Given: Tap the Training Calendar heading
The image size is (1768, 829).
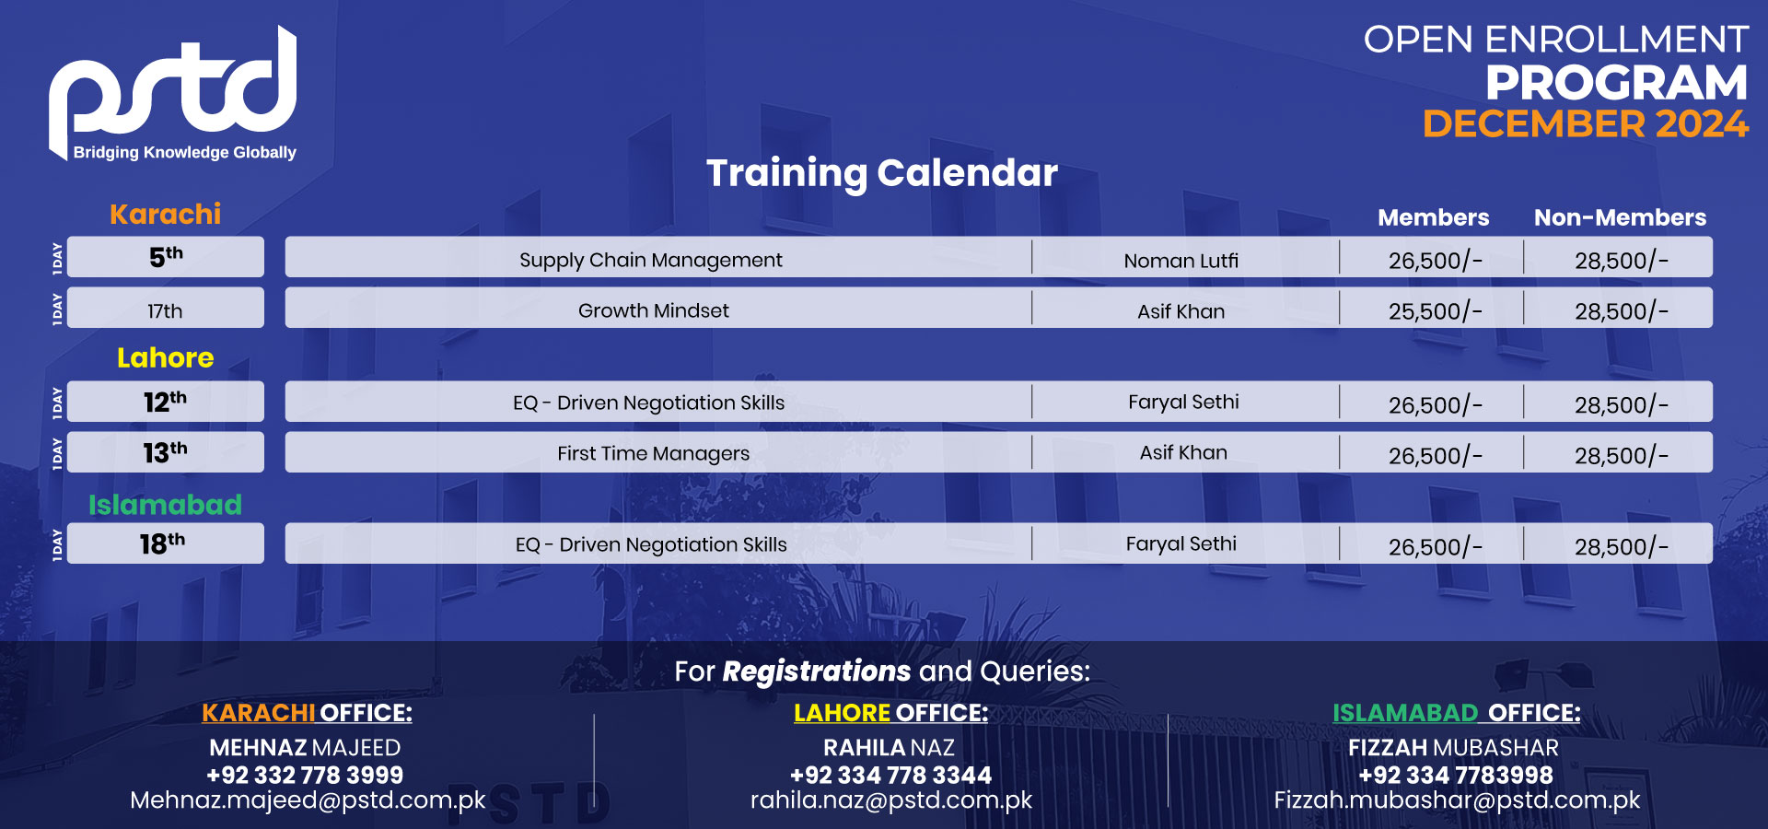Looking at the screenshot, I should (881, 173).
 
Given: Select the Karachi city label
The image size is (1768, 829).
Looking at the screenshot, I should (166, 215).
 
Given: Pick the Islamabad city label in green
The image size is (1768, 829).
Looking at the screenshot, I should (166, 505).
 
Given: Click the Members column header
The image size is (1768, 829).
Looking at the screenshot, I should (1433, 218).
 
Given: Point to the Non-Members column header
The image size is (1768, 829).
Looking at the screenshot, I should (1619, 218).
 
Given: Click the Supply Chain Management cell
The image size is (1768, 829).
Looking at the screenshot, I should (651, 260).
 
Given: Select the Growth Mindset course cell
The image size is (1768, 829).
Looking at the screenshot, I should (654, 310).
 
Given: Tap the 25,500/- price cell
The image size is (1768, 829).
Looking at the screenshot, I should (1434, 311).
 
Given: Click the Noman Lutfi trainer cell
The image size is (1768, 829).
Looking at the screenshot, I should (1181, 261).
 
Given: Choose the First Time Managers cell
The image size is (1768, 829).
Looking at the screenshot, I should (654, 453).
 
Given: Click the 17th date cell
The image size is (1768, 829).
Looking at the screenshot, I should (166, 310).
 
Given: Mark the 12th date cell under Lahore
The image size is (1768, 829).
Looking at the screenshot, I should (166, 403).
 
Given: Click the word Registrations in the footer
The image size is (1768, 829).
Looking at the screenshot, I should (816, 671).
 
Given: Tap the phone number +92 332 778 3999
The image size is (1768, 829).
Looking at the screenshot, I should (305, 776).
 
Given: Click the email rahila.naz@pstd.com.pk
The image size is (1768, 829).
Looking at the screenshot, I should (890, 800).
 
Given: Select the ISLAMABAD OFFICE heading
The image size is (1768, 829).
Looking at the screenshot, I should (1456, 713).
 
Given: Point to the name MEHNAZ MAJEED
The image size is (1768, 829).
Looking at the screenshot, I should (305, 748).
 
